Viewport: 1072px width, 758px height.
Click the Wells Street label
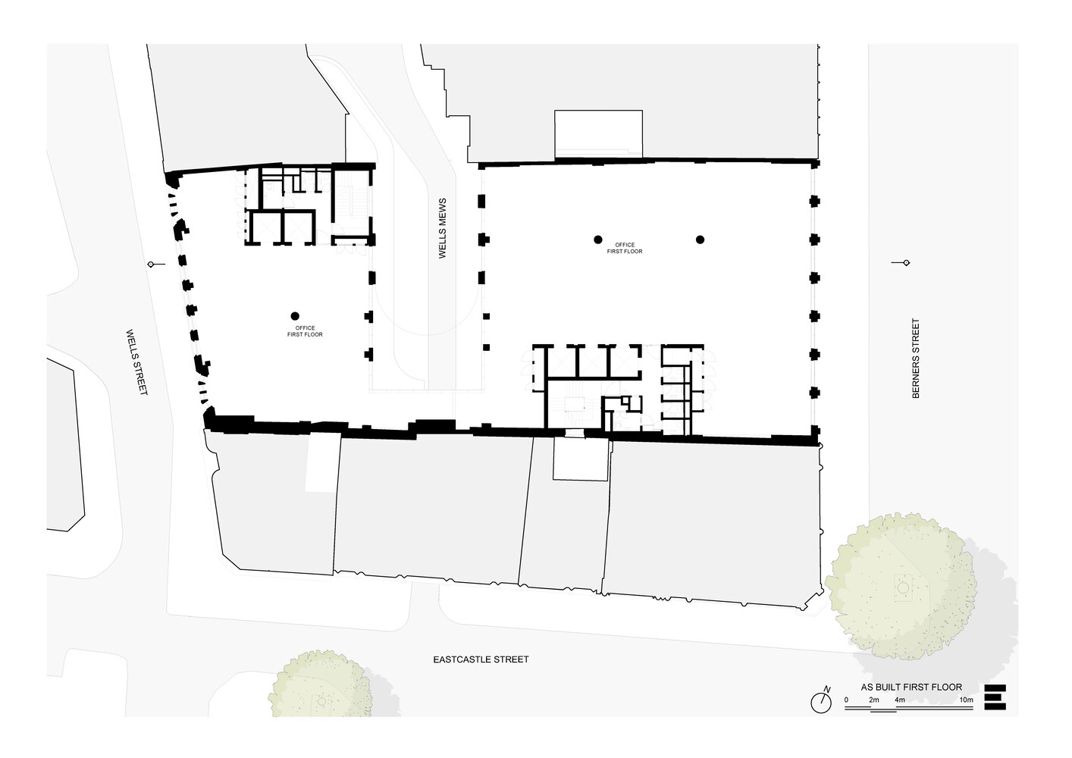137,362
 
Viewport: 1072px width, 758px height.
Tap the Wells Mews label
442,228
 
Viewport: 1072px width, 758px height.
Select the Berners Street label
916,358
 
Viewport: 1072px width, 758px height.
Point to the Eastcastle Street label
481,659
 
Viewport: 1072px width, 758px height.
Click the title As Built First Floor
911,688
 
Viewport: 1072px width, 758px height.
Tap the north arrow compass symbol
821,700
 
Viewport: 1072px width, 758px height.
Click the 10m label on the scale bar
966,700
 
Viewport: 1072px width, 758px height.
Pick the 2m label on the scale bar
874,700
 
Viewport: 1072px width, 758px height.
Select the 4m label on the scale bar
900,700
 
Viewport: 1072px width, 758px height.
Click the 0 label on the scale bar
846,700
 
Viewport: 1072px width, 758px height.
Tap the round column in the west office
295,316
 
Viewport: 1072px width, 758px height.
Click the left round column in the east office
597,240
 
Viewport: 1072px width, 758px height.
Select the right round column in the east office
701,240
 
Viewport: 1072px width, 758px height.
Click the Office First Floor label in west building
305,331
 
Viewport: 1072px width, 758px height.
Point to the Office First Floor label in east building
625,248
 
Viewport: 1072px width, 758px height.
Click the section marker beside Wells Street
156,264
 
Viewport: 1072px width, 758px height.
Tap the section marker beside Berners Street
901,263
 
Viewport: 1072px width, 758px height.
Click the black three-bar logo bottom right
995,697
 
